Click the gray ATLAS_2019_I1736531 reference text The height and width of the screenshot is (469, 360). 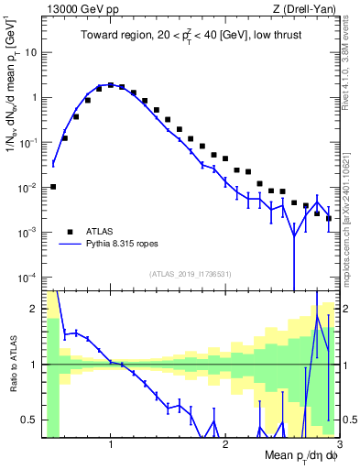(191, 274)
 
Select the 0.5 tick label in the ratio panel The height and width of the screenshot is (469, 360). (29, 420)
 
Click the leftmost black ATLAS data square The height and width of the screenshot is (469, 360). (53, 187)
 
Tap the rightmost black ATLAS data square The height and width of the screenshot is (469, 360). (329, 218)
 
